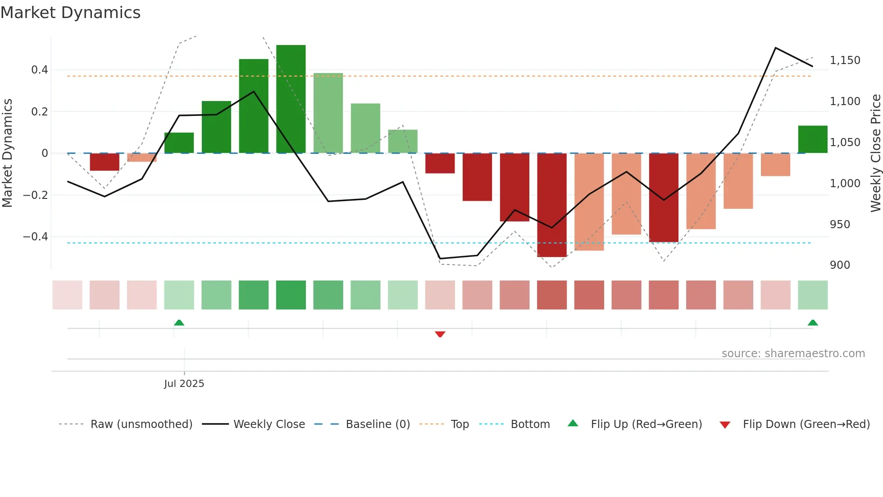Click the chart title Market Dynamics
(x=71, y=13)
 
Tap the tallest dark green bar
(x=291, y=99)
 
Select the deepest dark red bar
(x=552, y=205)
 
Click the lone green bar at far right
(x=812, y=139)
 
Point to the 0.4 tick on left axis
(x=40, y=70)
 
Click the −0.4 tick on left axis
(x=36, y=237)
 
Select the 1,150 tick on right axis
(x=845, y=60)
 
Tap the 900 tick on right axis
(x=840, y=265)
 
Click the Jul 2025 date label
(x=184, y=384)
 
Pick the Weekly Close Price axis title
(x=875, y=153)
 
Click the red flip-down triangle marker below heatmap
(x=440, y=334)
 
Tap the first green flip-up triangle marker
(x=179, y=322)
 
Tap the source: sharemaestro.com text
(x=793, y=354)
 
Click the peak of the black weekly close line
(x=775, y=48)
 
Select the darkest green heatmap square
(x=291, y=295)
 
